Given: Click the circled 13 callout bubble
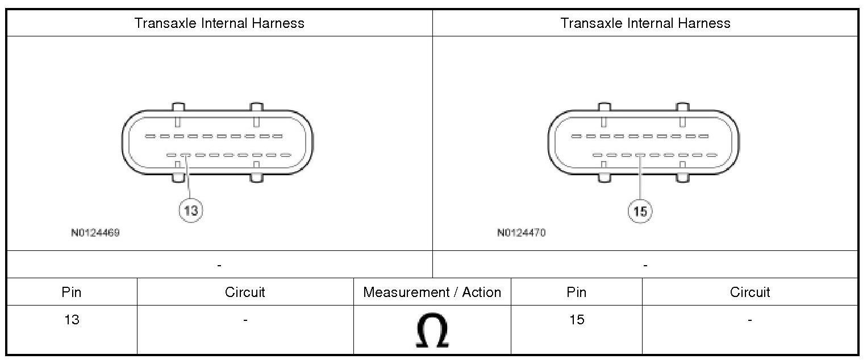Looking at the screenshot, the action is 191,211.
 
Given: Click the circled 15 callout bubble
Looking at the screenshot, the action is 640,211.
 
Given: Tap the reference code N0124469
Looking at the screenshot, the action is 95,233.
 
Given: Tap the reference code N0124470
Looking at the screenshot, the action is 522,233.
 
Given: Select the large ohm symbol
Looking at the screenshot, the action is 432,330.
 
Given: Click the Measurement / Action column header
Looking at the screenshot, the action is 432,292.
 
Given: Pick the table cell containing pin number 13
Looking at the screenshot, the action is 72,329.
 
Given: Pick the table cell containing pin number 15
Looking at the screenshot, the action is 577,329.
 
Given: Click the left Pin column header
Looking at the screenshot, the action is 72,292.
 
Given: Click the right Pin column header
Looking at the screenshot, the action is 577,292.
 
